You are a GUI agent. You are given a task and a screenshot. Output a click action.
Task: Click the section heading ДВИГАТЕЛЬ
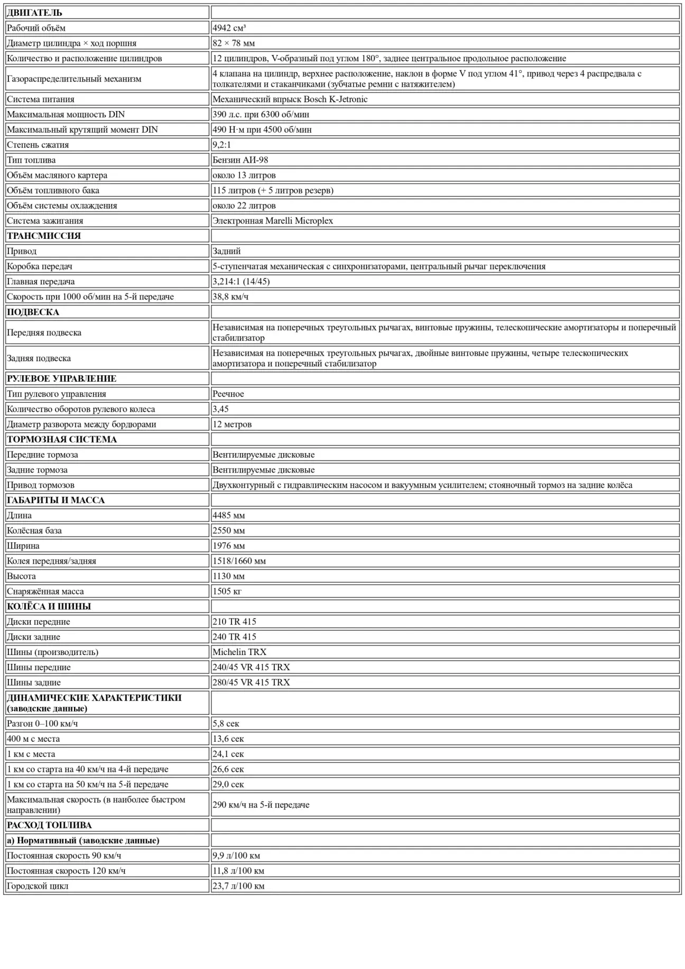tap(34, 13)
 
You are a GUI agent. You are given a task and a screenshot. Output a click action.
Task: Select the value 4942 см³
tap(229, 28)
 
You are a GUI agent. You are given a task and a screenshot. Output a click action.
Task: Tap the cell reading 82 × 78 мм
tap(234, 43)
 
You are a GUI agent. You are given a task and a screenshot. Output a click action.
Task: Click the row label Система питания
tap(41, 99)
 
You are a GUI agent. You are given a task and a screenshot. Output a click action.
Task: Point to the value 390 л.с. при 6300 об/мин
tap(261, 115)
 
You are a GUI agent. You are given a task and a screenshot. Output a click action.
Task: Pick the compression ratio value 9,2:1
tap(221, 145)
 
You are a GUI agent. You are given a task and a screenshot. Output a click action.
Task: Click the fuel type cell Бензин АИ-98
tap(240, 160)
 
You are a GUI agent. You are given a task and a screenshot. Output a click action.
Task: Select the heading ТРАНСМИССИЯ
tap(44, 236)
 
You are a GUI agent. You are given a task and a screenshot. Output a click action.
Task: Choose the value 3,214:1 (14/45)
tap(241, 282)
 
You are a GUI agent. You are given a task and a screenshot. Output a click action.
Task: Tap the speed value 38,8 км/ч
tap(230, 297)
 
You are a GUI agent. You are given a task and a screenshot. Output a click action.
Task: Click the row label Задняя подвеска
tap(39, 358)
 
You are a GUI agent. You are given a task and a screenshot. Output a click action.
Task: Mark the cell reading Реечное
tap(228, 394)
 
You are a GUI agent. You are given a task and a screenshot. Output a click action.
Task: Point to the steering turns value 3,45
tap(220, 409)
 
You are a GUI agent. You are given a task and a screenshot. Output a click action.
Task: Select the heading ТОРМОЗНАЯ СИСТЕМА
tap(62, 439)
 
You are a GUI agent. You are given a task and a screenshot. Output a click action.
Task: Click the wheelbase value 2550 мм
tap(228, 531)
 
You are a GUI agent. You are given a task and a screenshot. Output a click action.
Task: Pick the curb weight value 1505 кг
tap(227, 592)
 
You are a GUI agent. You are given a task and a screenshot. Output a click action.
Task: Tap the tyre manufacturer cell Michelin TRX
tap(239, 652)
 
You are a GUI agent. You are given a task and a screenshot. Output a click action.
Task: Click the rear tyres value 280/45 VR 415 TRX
tap(251, 682)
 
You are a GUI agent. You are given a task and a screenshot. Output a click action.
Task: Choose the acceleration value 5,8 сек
tap(226, 724)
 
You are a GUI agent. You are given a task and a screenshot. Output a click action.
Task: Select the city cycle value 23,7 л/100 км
tap(238, 886)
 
